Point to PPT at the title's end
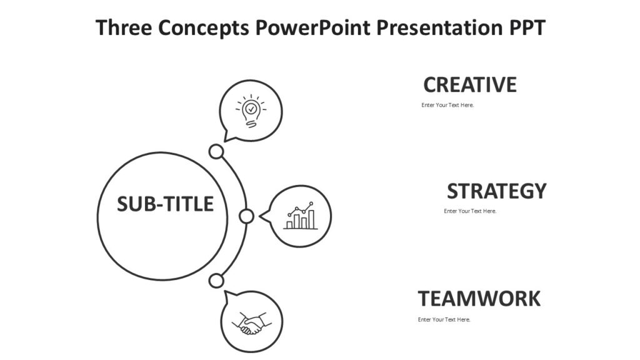(x=526, y=28)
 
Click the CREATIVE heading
(x=470, y=84)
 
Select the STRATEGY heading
(x=496, y=191)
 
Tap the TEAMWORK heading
(x=479, y=299)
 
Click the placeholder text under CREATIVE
(x=447, y=105)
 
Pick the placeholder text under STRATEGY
(x=470, y=211)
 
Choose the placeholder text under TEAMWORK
(x=444, y=320)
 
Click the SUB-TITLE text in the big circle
(x=165, y=204)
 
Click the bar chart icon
(x=301, y=216)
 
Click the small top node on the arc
(x=216, y=152)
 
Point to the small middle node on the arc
(x=247, y=216)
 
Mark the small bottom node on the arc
(x=216, y=281)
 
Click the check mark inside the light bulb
(x=251, y=109)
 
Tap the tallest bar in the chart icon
(x=311, y=219)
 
